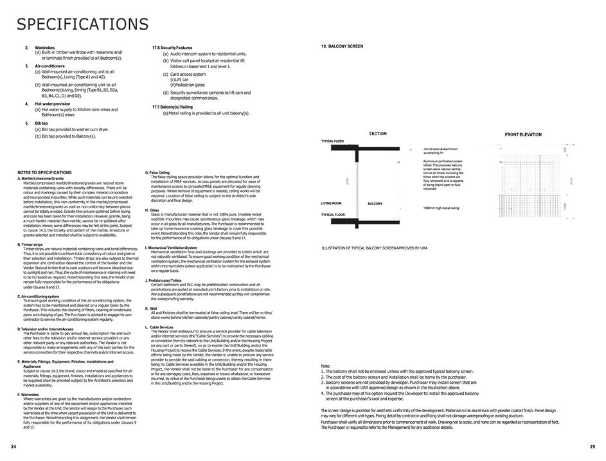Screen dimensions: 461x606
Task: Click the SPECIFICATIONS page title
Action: [82, 24]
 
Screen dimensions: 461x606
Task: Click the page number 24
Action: [13, 446]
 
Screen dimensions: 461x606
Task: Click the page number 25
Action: [593, 446]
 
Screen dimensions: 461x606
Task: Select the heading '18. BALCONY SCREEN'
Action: [342, 46]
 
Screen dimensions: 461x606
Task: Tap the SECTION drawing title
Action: [378, 134]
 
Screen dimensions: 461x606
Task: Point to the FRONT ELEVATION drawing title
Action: [523, 134]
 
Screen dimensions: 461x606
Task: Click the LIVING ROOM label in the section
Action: [332, 203]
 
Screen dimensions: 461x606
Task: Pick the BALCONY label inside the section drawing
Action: [375, 204]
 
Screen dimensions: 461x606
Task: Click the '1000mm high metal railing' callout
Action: [441, 208]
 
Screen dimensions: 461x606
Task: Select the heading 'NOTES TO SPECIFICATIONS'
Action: [44, 172]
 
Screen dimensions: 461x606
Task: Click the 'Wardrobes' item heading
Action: [44, 47]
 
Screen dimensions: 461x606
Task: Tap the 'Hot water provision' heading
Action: [52, 104]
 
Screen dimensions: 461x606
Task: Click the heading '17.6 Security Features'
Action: [172, 48]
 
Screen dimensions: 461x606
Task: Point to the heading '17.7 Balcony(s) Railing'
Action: [172, 107]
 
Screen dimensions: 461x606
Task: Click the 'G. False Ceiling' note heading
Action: [157, 172]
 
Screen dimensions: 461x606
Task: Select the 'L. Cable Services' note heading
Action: [159, 327]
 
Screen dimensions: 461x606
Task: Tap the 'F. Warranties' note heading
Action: [28, 394]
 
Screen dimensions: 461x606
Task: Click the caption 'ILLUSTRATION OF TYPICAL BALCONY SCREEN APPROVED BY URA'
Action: [374, 248]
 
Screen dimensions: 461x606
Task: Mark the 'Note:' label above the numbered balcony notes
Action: [325, 366]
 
